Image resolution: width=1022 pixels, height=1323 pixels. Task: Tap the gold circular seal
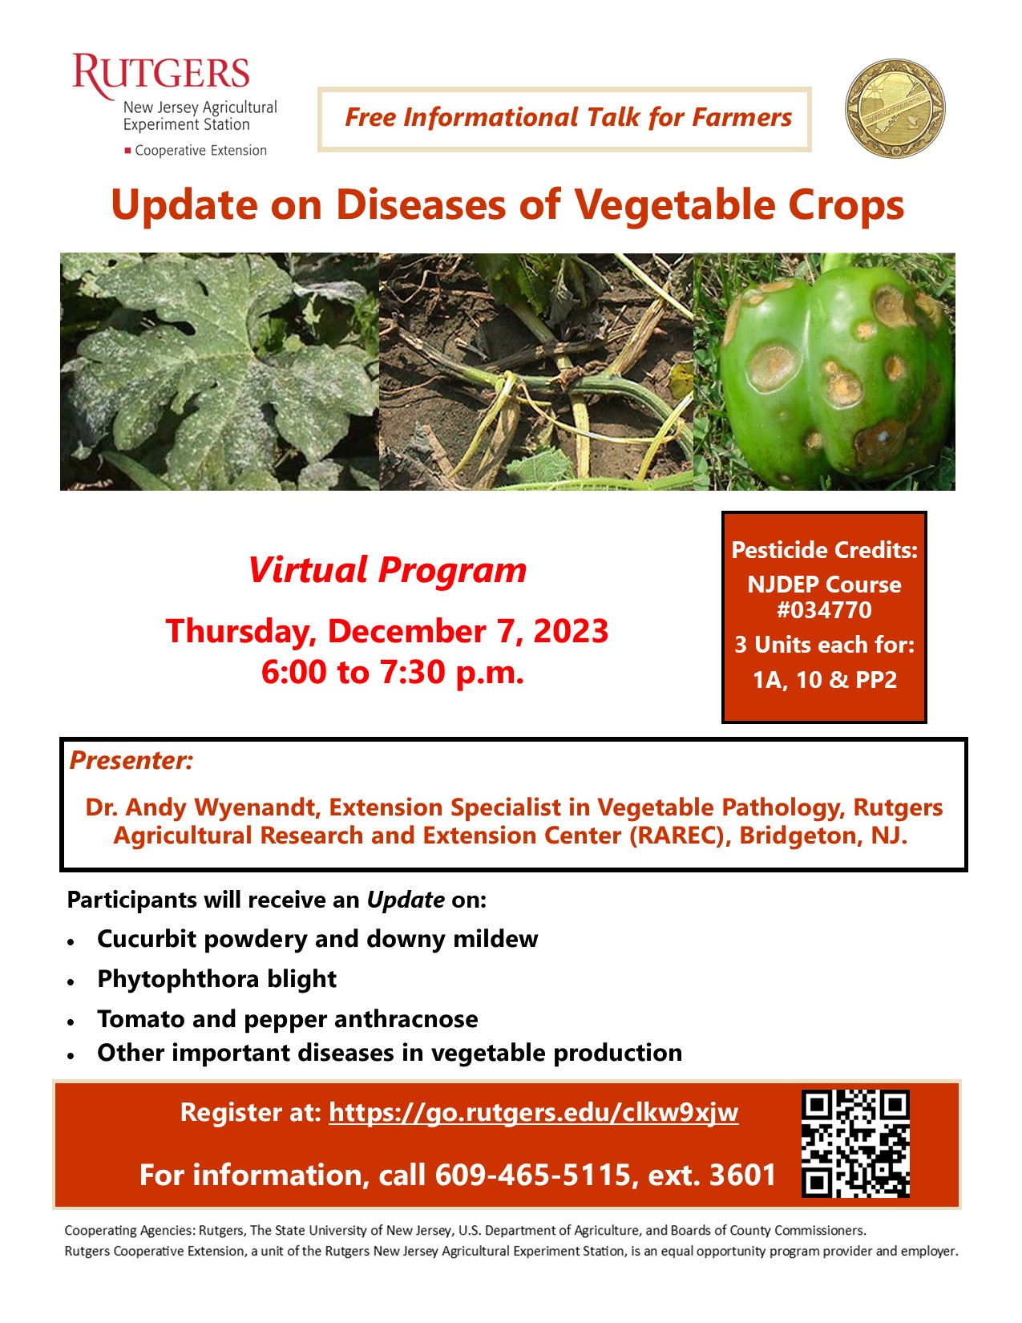pos(895,108)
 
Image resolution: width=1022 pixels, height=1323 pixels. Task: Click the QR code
pos(855,1143)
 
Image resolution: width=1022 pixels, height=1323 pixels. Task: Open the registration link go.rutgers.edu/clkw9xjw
pos(533,1113)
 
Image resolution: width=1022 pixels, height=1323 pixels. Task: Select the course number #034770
pos(824,610)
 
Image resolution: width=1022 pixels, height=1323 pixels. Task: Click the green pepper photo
pos(825,371)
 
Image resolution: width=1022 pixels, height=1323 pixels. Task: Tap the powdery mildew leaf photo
pos(220,371)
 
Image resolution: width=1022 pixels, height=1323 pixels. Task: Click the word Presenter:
pos(131,760)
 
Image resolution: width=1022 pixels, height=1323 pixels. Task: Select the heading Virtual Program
pos(387,570)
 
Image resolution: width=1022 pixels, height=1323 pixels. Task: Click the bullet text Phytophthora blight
pos(216,979)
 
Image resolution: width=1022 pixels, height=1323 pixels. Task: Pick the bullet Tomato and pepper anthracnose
pos(287,1019)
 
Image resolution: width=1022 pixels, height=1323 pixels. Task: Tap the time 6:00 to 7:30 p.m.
pos(393,672)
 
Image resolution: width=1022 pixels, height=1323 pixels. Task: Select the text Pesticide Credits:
pos(824,550)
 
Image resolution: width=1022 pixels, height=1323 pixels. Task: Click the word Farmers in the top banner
pos(741,118)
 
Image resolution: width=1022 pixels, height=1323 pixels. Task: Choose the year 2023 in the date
pos(571,632)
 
